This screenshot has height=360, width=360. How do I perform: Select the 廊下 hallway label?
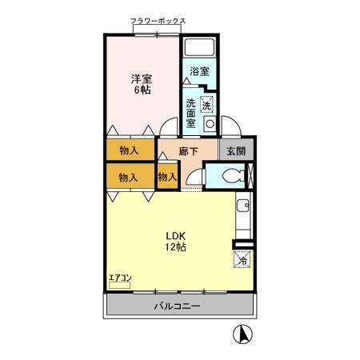click(189, 151)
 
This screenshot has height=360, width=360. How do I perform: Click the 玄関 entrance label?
click(236, 151)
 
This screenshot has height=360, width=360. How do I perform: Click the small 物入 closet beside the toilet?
click(167, 177)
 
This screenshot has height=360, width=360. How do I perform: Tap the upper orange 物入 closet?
click(129, 150)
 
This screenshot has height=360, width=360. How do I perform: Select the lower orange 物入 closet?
click(129, 177)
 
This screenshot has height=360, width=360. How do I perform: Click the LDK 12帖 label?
click(176, 242)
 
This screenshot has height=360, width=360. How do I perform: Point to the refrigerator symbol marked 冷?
click(242, 259)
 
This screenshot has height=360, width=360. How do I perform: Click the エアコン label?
click(121, 278)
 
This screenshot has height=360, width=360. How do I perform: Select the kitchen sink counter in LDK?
click(242, 214)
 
